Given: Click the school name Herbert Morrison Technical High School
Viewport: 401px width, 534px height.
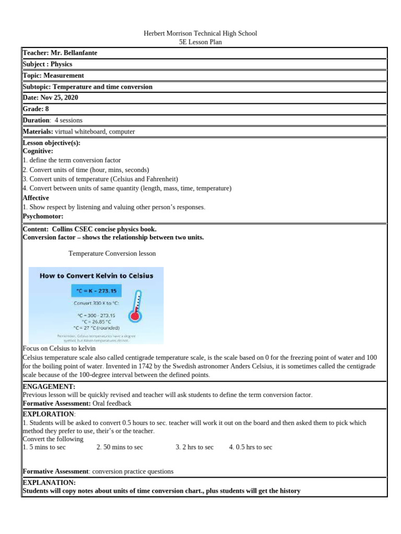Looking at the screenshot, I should pos(200,33).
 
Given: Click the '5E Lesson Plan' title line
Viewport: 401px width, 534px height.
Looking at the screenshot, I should pos(200,42).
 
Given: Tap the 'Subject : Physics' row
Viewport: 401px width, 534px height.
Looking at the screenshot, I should pos(48,64).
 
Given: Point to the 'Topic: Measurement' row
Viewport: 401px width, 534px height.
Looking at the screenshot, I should pos(53,76).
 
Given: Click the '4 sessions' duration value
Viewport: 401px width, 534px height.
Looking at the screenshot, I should pos(68,120).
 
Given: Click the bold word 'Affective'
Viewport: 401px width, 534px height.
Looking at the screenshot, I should pos(36,198).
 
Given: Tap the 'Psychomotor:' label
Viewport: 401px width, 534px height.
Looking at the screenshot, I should pos(43,216).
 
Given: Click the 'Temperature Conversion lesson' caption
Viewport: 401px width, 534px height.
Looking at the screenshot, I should pos(112,253).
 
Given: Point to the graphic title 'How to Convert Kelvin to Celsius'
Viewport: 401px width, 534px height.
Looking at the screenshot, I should pos(97,276).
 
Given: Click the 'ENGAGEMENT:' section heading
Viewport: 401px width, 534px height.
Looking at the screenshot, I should pos(49,386).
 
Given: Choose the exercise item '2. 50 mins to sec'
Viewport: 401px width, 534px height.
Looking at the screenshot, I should pos(120,447).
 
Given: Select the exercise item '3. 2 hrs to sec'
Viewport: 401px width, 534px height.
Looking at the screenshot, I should pos(194,447).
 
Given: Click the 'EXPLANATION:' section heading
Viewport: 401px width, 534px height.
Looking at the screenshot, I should pos(49,483).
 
